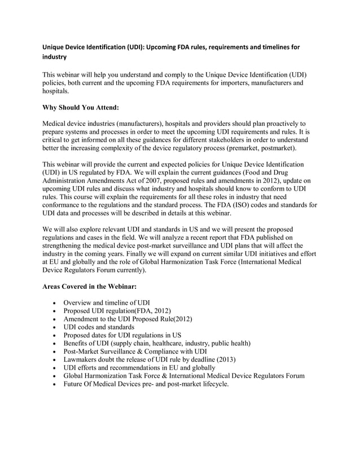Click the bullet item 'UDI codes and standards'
99,327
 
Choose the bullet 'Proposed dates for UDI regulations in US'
122,335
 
